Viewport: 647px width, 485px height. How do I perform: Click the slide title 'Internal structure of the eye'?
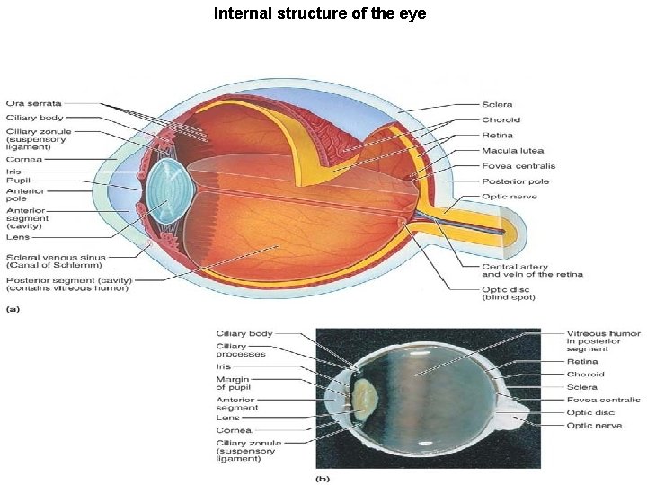(319, 13)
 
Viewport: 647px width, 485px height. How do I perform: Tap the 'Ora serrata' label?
(34, 104)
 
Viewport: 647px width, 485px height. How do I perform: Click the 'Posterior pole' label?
(515, 181)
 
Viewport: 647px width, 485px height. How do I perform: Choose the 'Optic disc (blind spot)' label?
(506, 293)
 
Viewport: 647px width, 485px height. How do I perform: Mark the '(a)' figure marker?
(13, 309)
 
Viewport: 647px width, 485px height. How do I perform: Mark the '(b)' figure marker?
(322, 478)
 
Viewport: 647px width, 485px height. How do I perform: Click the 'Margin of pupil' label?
(235, 384)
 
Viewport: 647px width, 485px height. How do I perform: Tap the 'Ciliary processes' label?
(241, 350)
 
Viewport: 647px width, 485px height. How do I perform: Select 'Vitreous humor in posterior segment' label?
(602, 341)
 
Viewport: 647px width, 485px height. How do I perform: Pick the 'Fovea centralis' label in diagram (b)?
(603, 400)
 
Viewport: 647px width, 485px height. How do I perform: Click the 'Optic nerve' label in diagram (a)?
(509, 197)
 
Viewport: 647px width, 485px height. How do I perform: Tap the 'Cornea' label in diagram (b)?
(234, 430)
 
